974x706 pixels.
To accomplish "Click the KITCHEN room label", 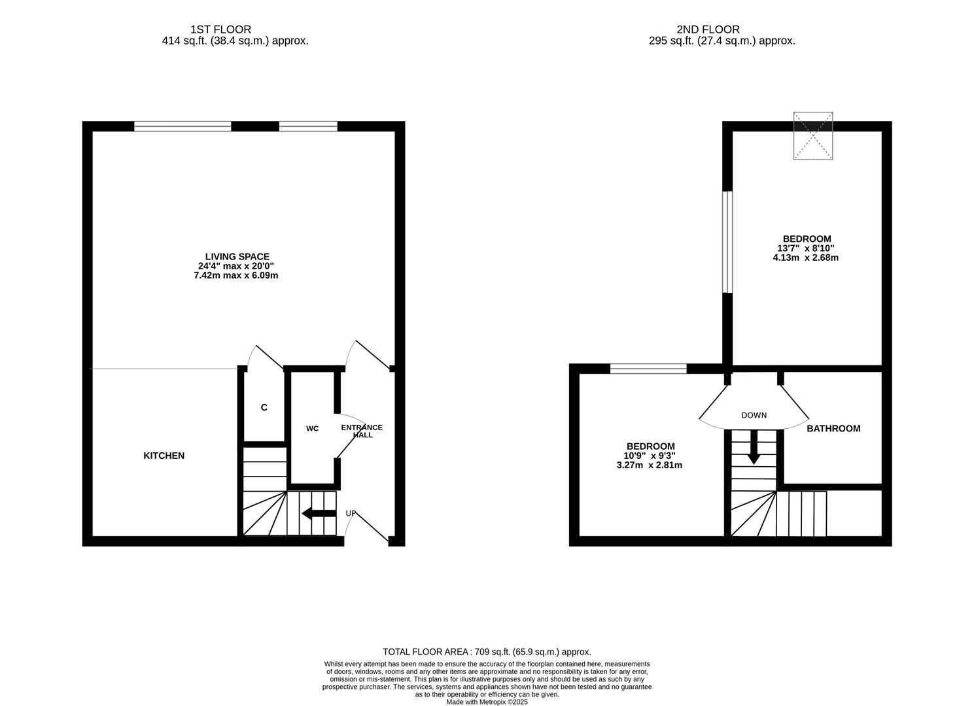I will click(164, 456).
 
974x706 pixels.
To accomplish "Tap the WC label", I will click(313, 429).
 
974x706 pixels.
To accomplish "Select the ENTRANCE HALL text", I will click(362, 431).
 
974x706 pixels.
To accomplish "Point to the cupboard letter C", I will click(264, 407).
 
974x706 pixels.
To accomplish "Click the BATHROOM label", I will click(833, 429).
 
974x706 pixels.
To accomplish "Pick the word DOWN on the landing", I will click(754, 415).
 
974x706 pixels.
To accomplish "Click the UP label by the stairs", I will click(351, 513).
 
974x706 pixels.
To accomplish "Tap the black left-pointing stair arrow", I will click(319, 513).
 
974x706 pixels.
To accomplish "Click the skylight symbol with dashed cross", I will click(813, 135).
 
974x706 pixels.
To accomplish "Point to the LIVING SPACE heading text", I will click(237, 257).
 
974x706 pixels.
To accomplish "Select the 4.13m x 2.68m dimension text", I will click(806, 258).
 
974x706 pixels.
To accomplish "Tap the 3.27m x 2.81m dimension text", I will click(650, 465).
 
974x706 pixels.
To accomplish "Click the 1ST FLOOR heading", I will click(220, 29).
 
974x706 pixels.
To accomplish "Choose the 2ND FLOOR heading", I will click(708, 29).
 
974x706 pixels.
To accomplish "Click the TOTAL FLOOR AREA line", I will click(487, 652).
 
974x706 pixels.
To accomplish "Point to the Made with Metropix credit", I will click(487, 702).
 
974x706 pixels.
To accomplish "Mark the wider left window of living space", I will click(183, 126).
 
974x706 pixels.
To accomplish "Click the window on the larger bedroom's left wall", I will click(727, 241).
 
